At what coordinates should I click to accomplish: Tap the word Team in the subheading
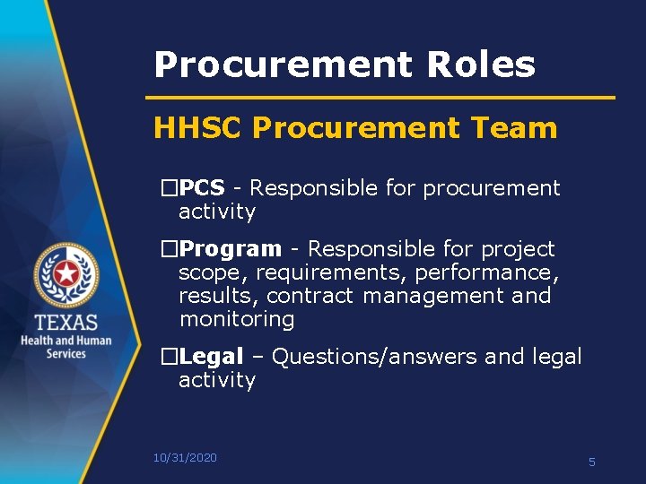(516, 128)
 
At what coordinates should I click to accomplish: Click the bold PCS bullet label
(202, 188)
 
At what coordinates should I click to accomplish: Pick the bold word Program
(230, 249)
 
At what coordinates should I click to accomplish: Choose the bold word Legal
(212, 357)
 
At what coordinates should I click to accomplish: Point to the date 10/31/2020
(185, 458)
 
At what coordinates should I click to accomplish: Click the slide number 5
(592, 462)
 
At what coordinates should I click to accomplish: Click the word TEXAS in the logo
(66, 323)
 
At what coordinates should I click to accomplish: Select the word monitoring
(237, 319)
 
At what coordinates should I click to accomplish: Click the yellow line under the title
(380, 97)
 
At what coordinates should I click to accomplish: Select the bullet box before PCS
(169, 189)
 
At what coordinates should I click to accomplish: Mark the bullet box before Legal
(169, 358)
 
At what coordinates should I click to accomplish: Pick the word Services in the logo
(66, 354)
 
